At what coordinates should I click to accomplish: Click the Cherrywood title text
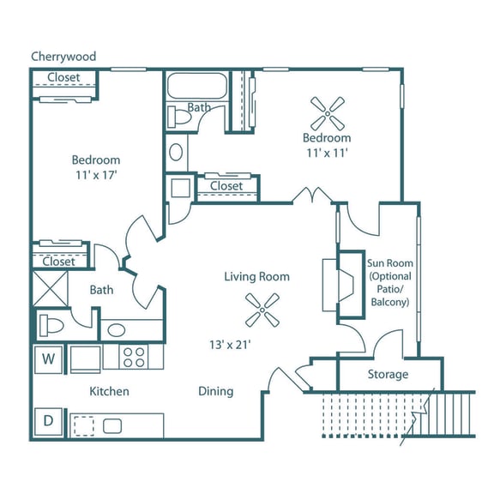[63, 57]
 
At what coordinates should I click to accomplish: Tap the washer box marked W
[49, 357]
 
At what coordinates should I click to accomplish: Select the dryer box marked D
[49, 423]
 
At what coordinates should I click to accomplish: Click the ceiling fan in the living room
[262, 310]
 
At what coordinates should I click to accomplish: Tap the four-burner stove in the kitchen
[135, 356]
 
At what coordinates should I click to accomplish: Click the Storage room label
[388, 374]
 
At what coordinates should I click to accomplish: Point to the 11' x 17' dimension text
[95, 175]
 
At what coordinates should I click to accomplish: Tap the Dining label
[215, 391]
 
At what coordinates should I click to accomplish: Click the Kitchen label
[110, 391]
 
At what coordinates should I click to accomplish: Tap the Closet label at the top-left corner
[63, 78]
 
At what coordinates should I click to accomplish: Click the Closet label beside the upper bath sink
[226, 186]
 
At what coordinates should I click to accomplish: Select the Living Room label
[256, 276]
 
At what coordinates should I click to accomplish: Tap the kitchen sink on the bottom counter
[112, 425]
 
